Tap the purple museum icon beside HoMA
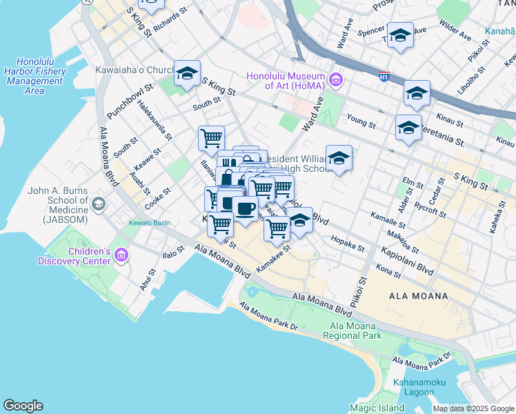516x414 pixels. point(336,81)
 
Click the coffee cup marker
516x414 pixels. point(245,208)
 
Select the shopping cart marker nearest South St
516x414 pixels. point(211,137)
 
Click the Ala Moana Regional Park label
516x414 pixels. point(355,331)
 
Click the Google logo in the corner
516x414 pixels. point(23,406)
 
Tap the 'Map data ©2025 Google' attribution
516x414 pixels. point(473,408)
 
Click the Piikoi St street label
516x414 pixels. point(361,290)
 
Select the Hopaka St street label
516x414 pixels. point(347,243)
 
